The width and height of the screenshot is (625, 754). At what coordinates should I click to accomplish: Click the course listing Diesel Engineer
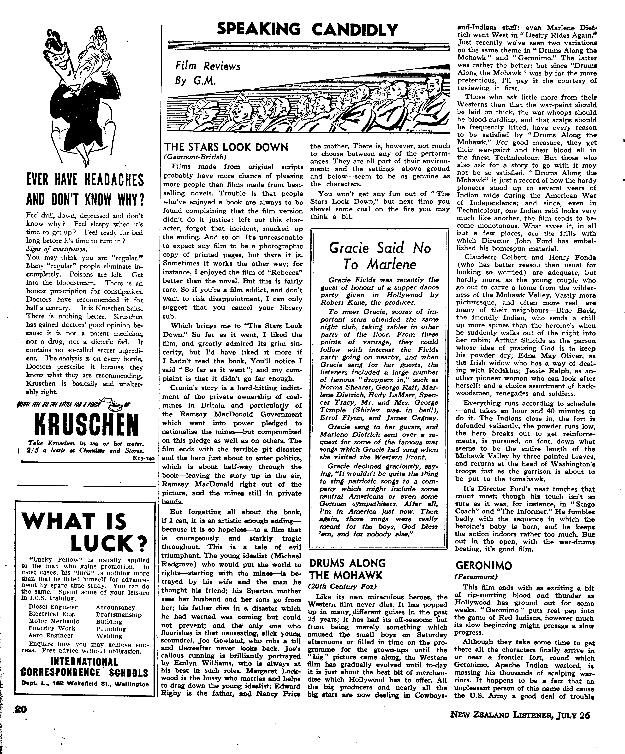[53, 607]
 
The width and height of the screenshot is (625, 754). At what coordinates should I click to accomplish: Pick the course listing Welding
[109, 636]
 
